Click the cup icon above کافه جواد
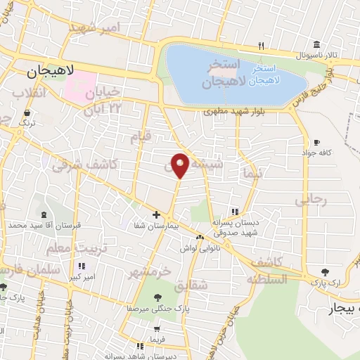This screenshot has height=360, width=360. [317, 142]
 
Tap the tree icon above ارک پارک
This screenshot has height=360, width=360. [324, 272]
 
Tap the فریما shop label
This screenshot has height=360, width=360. [156, 339]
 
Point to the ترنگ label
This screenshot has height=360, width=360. [27, 122]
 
